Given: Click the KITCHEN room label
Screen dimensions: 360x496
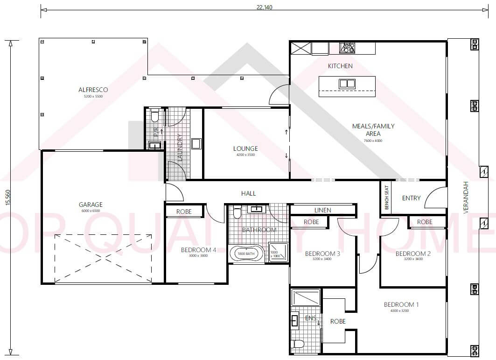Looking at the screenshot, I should (340, 66).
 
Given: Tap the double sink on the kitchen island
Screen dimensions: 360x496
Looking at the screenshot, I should (347, 84).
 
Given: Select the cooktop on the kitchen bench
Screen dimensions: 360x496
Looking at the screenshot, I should (347, 47).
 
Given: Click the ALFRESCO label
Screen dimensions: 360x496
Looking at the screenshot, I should (93, 90).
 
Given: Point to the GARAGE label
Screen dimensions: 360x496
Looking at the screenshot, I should (91, 205).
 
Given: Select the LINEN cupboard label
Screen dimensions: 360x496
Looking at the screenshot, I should (322, 210).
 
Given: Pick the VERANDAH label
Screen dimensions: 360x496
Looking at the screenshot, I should (466, 198).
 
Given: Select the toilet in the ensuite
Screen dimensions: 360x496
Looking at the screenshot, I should (298, 345).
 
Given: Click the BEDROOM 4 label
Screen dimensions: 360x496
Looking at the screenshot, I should (198, 250).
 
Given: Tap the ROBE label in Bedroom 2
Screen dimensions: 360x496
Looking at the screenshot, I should (425, 222).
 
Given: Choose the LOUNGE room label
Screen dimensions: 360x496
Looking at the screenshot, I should (245, 149).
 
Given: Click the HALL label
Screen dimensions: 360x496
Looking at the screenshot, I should (248, 193).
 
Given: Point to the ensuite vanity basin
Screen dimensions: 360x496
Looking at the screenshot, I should (295, 321).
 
